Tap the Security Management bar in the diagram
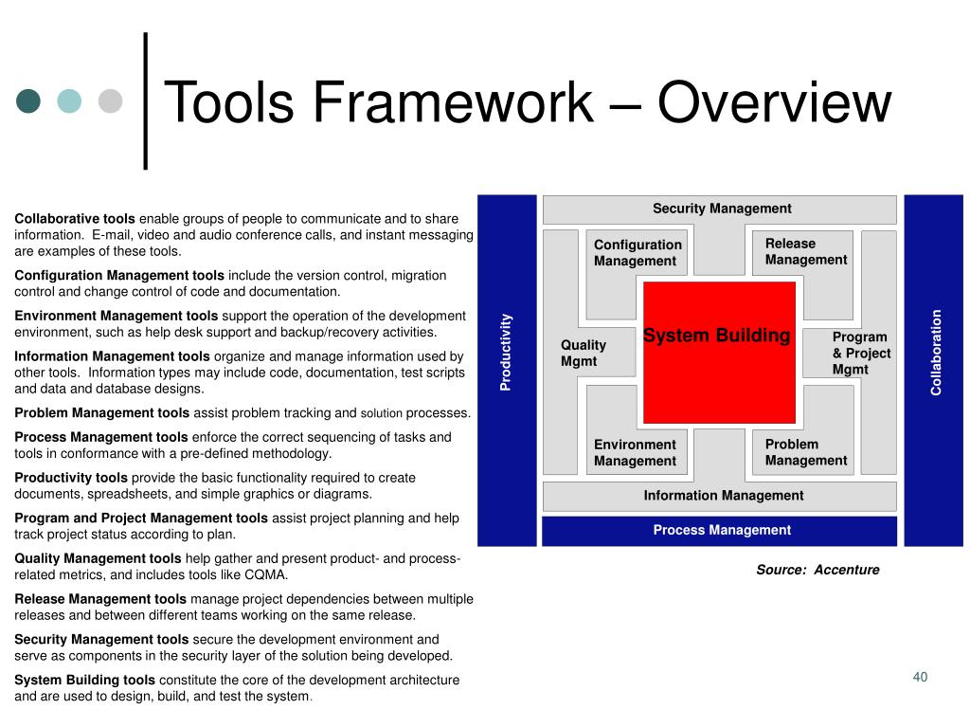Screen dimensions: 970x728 point(719,209)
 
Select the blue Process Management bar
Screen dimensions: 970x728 point(720,531)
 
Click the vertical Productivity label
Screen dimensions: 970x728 point(507,352)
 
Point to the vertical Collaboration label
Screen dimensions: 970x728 point(935,352)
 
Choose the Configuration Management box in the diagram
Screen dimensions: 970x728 point(637,254)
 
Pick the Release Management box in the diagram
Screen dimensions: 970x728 point(805,252)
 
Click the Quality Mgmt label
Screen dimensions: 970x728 point(584,353)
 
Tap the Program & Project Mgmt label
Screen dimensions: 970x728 point(860,353)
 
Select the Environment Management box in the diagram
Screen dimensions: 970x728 point(635,453)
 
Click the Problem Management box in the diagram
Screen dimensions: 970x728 point(805,452)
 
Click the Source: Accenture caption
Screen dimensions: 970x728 point(817,570)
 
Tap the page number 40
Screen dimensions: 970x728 point(919,676)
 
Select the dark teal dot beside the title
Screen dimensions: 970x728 point(28,100)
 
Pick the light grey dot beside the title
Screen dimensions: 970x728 point(111,100)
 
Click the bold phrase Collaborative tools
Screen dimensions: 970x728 point(75,218)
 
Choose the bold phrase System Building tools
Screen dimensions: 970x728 point(84,680)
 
